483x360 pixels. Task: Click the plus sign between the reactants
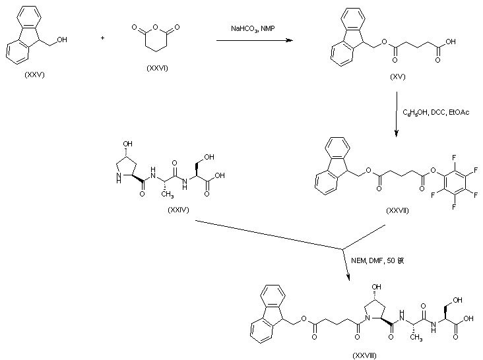click(102, 38)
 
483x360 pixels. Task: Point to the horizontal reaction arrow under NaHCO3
click(254, 42)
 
